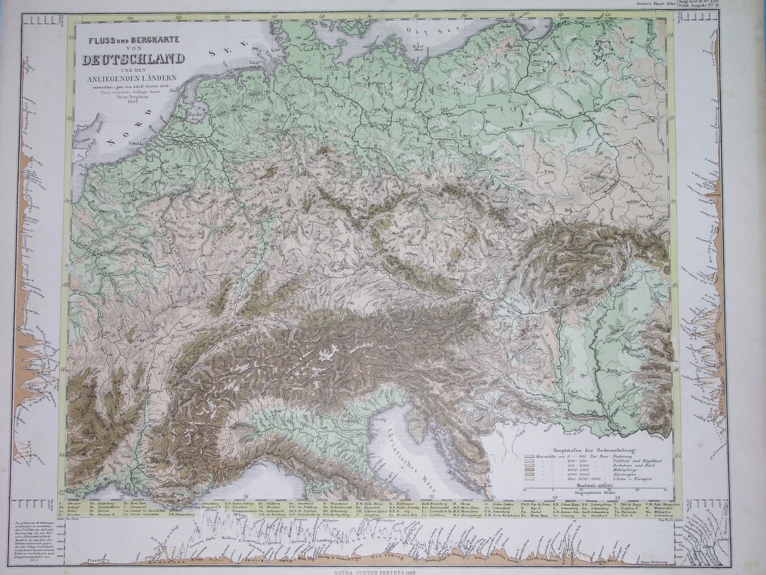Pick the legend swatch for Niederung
(x=529, y=458)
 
